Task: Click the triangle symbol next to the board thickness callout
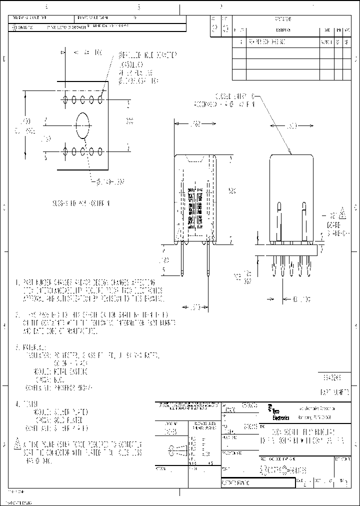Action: pos(343,213)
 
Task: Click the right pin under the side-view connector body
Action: pos(207,260)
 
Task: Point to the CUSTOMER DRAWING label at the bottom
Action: pos(238,483)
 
